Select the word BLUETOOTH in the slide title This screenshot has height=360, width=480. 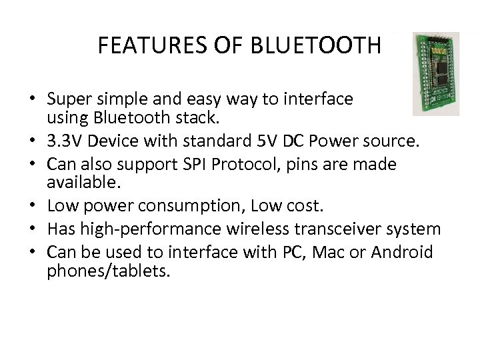(316, 46)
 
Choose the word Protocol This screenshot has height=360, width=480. (257, 163)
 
